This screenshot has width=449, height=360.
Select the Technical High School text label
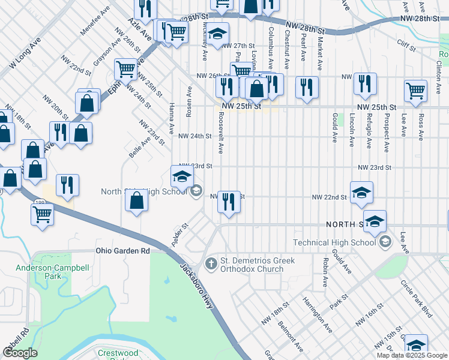(x=334, y=242)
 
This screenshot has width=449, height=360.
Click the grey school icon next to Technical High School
(x=385, y=242)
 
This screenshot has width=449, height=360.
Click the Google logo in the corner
(x=20, y=353)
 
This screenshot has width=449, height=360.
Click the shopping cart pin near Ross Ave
(x=415, y=91)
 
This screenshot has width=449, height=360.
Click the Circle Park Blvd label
(x=418, y=303)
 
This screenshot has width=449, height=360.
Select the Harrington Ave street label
(x=317, y=314)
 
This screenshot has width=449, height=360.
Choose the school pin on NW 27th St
(x=217, y=34)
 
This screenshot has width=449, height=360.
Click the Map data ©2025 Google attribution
(x=412, y=355)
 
